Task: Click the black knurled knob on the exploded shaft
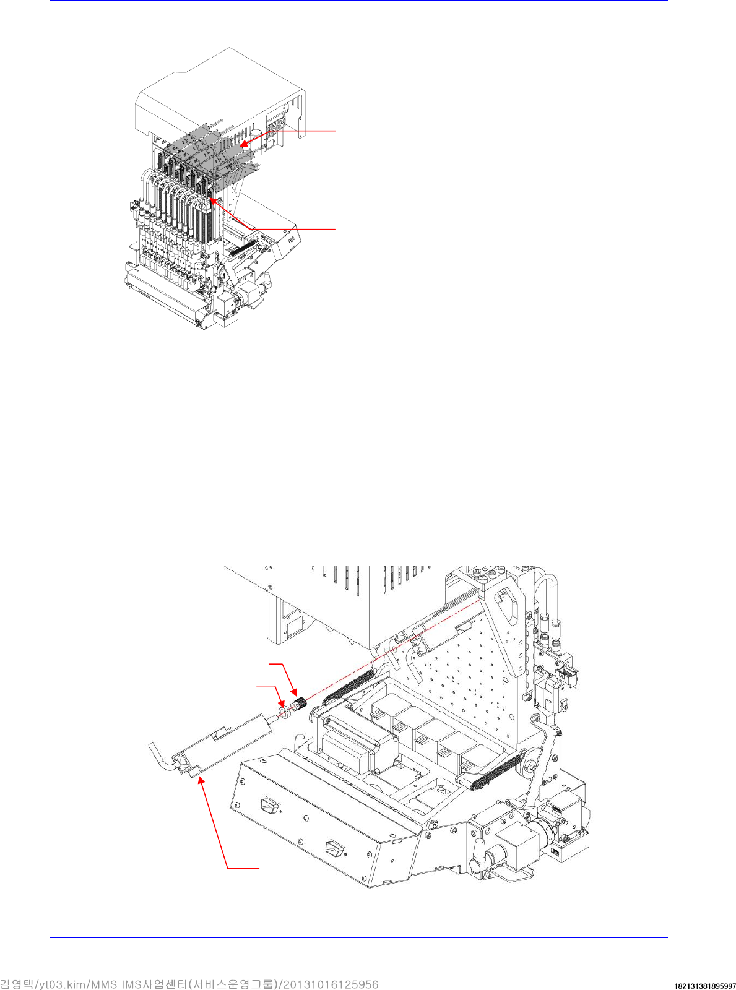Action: point(301,704)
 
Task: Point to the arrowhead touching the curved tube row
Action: point(212,200)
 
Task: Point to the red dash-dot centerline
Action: point(396,650)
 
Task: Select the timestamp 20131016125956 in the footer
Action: point(331,984)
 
